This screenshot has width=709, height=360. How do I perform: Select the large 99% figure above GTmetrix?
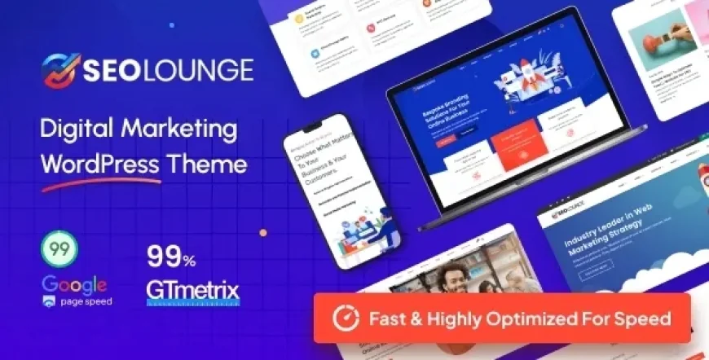pyautogui.click(x=171, y=258)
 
